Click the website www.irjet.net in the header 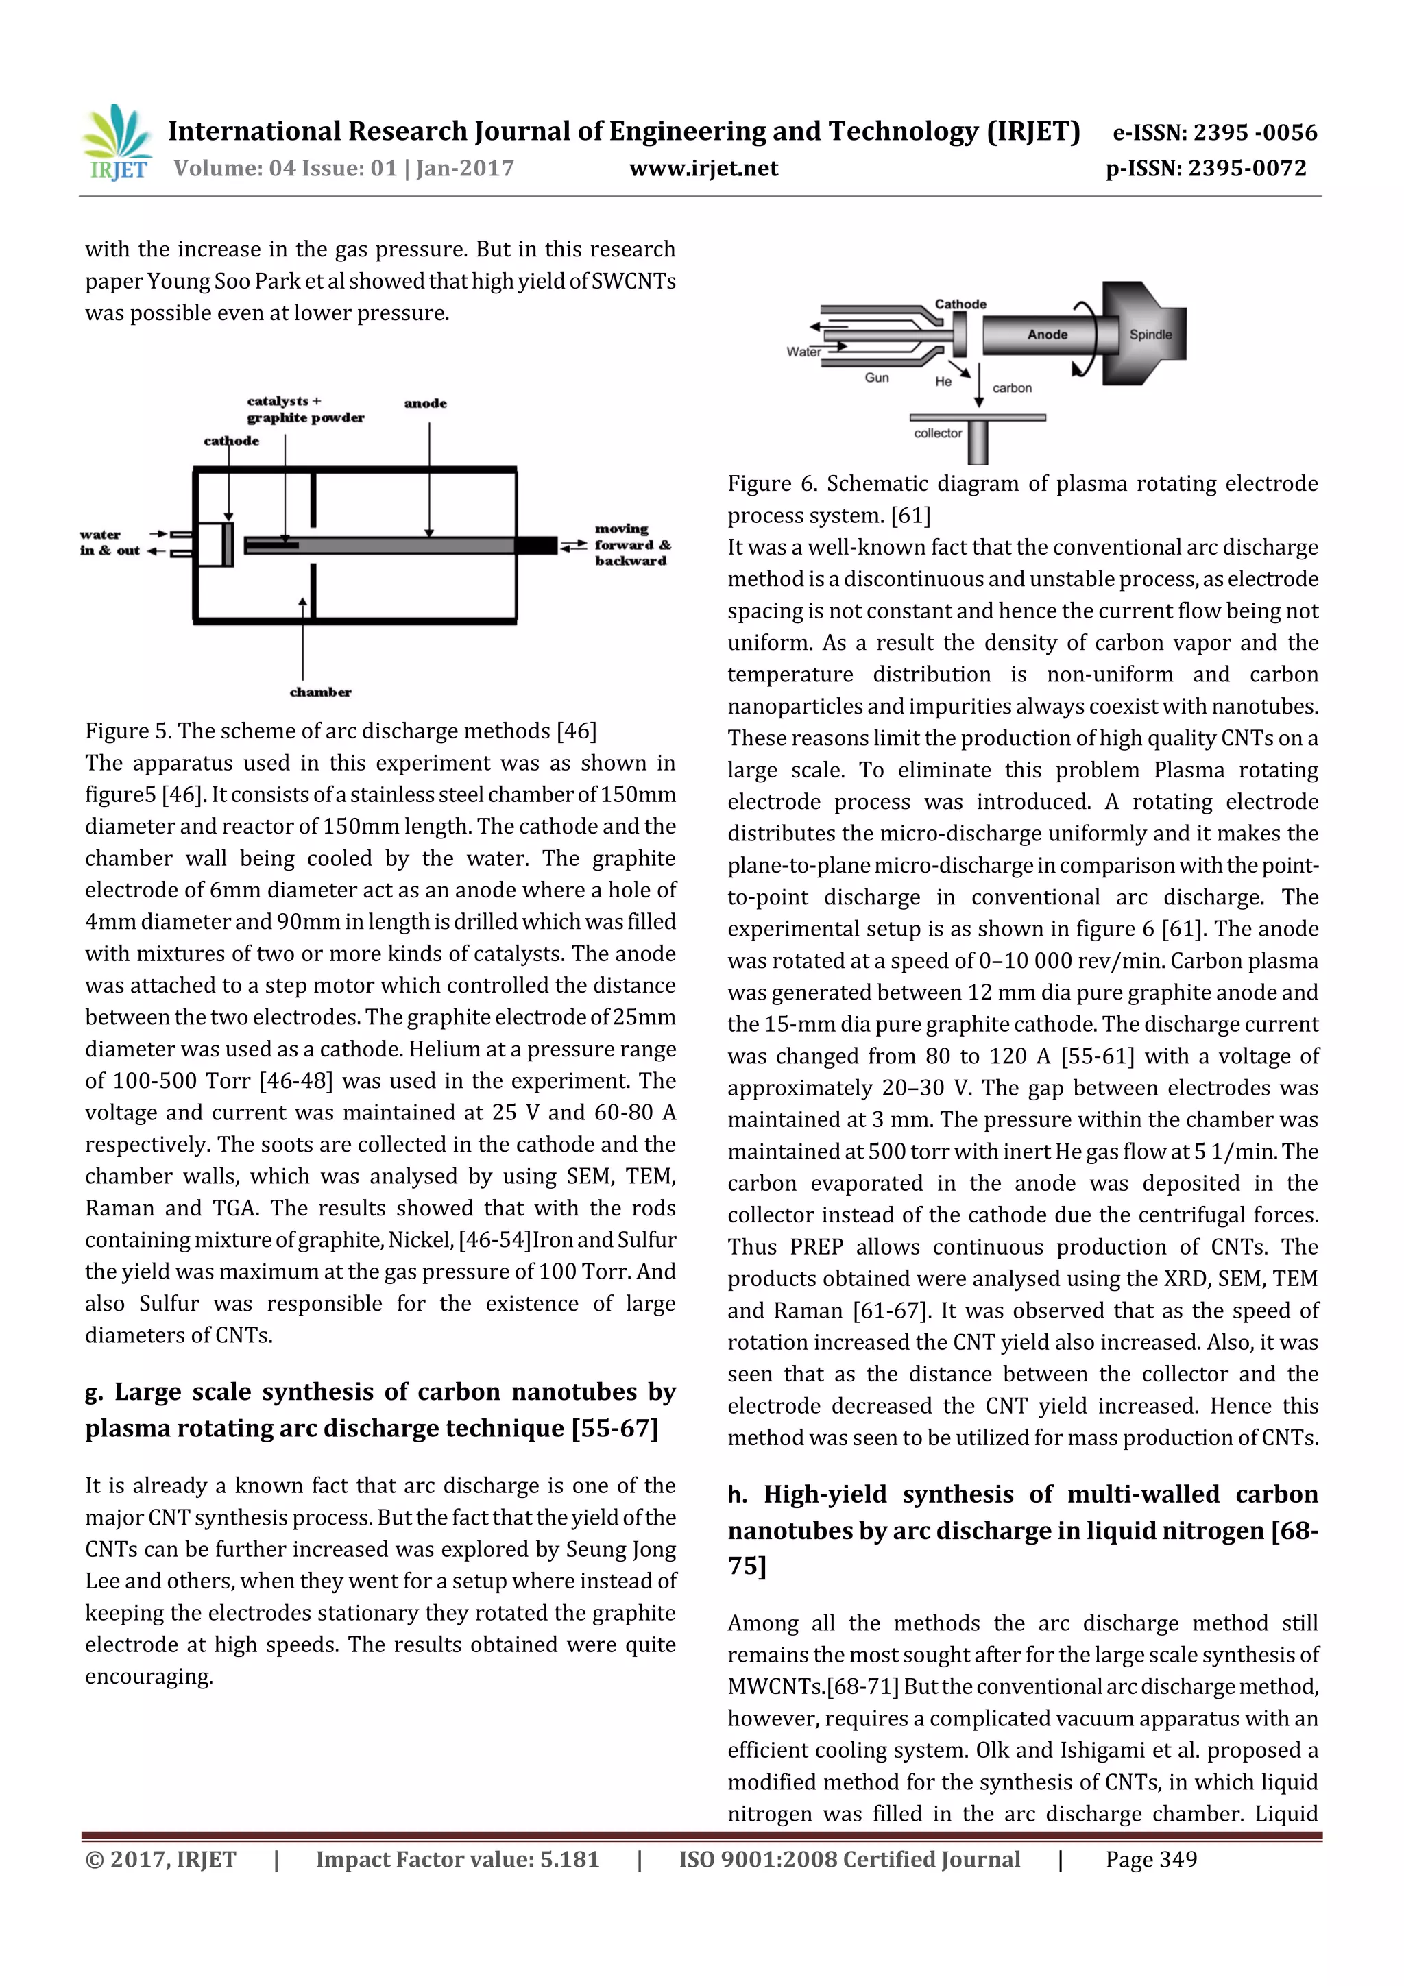(703, 169)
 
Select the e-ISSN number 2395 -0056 (1255, 132)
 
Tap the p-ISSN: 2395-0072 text (1206, 169)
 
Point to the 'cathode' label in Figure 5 (231, 441)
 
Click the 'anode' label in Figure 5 (426, 403)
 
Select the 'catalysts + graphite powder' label (304, 409)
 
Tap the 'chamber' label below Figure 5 (320, 692)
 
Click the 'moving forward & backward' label (631, 545)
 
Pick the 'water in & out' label (109, 542)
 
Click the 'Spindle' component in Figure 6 (1150, 335)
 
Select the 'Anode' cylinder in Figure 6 (1047, 335)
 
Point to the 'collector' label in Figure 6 (938, 433)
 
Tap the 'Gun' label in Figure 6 (876, 378)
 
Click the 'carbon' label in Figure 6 (1011, 389)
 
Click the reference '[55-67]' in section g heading (614, 1428)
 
